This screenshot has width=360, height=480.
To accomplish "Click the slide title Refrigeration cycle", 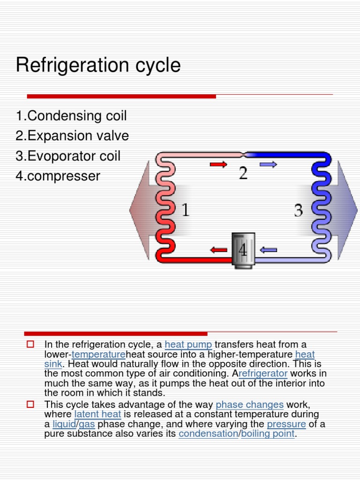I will click(x=98, y=65).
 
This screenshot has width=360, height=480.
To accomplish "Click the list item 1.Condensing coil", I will click(x=71, y=116).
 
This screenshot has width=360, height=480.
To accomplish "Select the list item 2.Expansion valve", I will click(x=72, y=136).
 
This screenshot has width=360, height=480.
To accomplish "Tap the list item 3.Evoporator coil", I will click(x=67, y=156).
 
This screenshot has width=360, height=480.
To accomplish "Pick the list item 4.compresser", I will click(x=58, y=176).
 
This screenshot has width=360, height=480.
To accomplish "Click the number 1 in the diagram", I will click(x=186, y=210).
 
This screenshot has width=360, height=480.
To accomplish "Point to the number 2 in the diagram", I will click(x=243, y=173).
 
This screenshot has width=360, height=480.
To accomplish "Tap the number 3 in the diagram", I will click(x=298, y=210).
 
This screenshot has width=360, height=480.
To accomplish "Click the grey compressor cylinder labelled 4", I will click(x=243, y=250).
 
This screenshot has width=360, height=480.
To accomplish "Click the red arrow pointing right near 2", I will click(x=218, y=164).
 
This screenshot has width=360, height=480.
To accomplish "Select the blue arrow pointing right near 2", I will click(x=268, y=164).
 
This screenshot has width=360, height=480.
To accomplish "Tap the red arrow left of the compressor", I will click(x=218, y=250).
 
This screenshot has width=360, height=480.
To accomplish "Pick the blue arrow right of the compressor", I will click(x=269, y=250).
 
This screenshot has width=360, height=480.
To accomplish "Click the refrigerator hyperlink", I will click(x=263, y=374).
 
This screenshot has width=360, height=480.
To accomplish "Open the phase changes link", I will click(x=249, y=405).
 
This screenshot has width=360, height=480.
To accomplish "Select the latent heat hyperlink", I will click(x=97, y=414).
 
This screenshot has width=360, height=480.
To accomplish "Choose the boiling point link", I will click(x=268, y=434).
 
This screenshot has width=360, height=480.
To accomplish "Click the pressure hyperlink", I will click(x=286, y=424).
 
